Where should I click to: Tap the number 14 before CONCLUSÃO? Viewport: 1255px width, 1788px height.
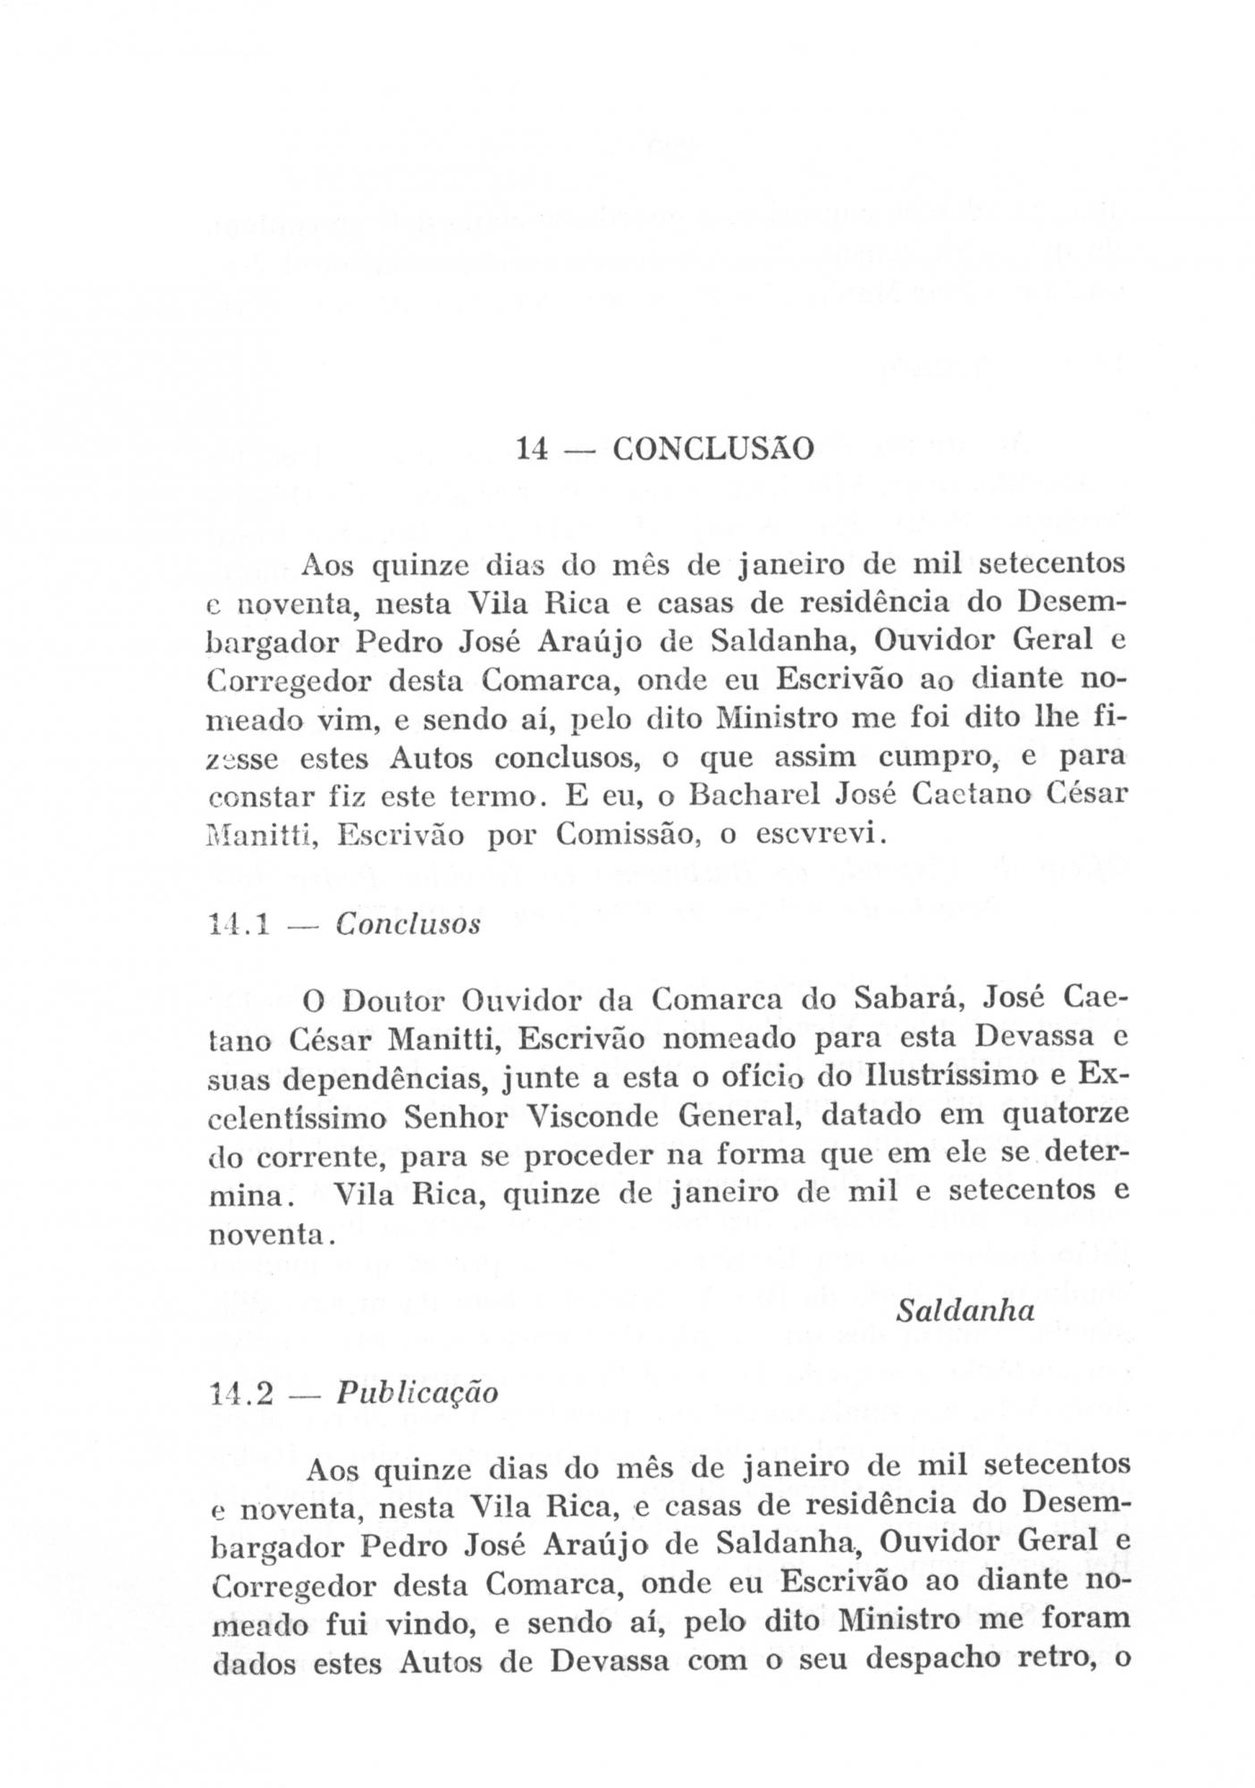pyautogui.click(x=532, y=448)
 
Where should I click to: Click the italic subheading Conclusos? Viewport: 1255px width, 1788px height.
pyautogui.click(x=408, y=924)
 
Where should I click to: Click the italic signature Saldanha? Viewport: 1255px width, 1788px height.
pyautogui.click(x=965, y=1311)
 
